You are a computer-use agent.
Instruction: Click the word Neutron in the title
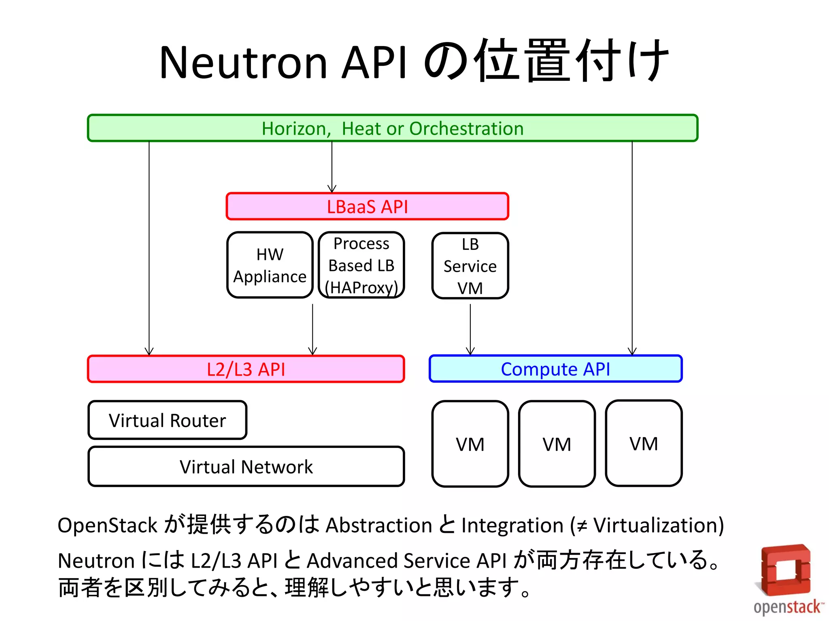[x=243, y=63]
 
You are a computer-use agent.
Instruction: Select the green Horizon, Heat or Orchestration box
[x=393, y=128]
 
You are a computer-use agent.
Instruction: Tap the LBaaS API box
[x=367, y=207]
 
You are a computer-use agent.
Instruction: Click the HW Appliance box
[x=270, y=265]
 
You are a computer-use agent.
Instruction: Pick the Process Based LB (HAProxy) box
[x=361, y=265]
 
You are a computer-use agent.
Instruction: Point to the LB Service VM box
[x=470, y=266]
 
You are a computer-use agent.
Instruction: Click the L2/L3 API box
[x=246, y=369]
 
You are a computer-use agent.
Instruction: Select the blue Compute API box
[x=555, y=369]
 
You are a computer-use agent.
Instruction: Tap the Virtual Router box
[x=167, y=420]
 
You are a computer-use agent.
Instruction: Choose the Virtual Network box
[x=246, y=467]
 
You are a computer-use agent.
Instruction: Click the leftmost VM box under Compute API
[x=470, y=444]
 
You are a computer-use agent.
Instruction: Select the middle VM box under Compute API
[x=557, y=444]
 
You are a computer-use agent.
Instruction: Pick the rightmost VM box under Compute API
[x=644, y=444]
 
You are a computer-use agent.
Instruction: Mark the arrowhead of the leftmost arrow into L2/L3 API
[x=149, y=351]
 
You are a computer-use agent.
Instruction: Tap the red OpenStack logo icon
[x=785, y=570]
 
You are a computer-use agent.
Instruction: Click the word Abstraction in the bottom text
[x=379, y=526]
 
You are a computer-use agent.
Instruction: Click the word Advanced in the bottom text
[x=352, y=561]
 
